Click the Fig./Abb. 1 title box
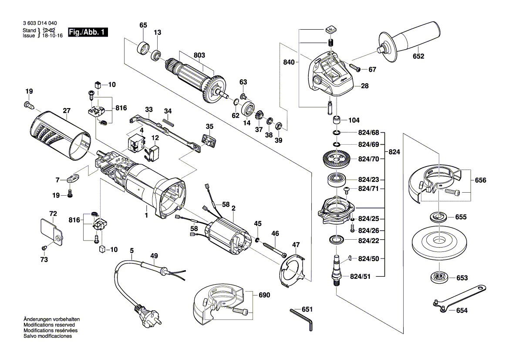(88, 33)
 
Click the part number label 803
(199, 55)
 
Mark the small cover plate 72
(51, 231)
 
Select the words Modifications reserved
(49, 325)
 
